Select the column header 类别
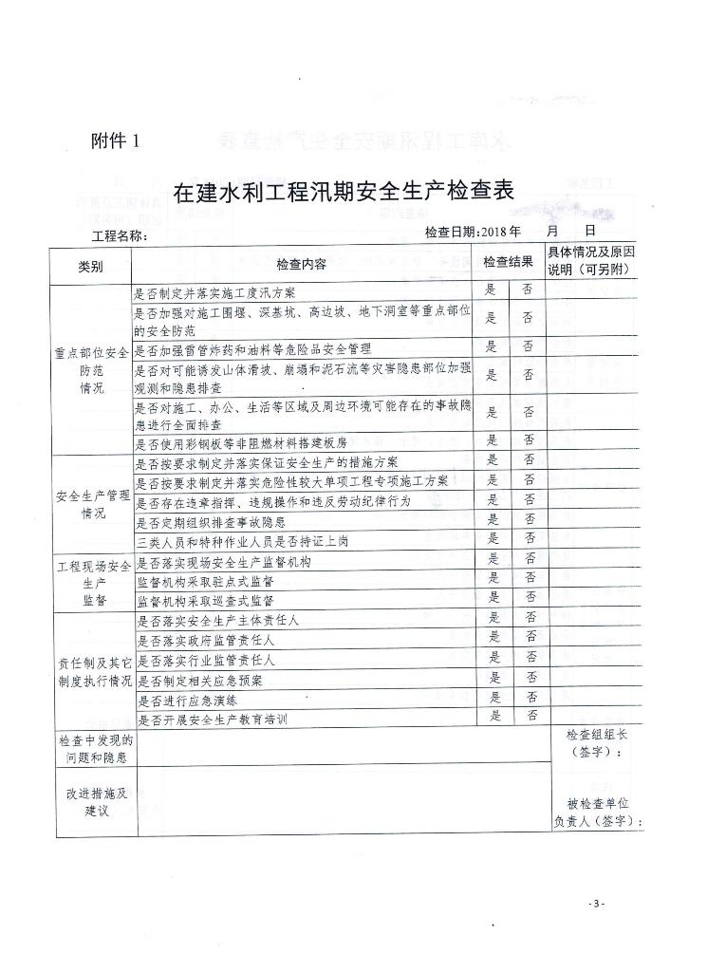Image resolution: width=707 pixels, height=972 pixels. tap(91, 267)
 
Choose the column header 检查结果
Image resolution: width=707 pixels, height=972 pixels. tap(509, 260)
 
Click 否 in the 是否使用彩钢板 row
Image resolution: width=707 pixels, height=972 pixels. tap(528, 439)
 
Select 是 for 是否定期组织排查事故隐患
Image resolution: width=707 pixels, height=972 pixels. tap(492, 518)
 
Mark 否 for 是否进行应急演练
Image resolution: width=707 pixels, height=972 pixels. tap(530, 696)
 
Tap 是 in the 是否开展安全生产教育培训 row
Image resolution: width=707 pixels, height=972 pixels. tap(494, 716)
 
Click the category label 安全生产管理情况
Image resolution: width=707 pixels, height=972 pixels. tap(93, 504)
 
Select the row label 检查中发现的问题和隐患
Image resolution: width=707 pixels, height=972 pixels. tap(96, 748)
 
